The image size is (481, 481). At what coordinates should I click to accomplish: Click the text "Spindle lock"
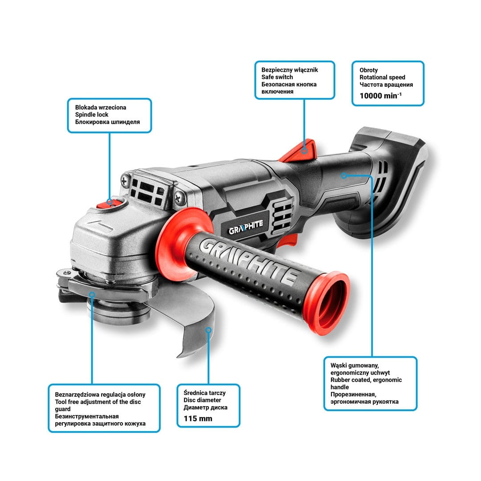(x=92, y=115)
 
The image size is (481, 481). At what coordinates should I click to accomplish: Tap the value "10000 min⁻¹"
(x=380, y=96)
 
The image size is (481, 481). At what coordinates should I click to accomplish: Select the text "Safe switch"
(x=277, y=77)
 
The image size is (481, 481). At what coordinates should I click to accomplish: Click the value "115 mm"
(x=198, y=418)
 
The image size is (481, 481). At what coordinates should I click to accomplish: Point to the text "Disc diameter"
(x=202, y=400)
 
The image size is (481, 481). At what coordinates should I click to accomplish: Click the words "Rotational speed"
(x=382, y=77)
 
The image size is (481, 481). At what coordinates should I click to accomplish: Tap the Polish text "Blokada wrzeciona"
(x=101, y=107)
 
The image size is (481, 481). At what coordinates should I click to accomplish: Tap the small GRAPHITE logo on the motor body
(x=246, y=227)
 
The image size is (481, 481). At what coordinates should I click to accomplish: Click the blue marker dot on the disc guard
(x=208, y=330)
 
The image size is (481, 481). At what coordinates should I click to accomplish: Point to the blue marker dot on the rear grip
(x=344, y=175)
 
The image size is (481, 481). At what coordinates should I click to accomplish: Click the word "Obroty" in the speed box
(x=368, y=70)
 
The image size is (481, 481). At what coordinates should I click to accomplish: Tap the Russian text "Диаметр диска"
(x=205, y=408)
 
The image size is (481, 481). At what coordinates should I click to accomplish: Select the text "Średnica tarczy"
(x=204, y=393)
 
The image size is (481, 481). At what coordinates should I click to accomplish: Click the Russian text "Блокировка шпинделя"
(x=107, y=122)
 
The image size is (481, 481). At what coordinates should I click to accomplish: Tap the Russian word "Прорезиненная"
(x=353, y=394)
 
